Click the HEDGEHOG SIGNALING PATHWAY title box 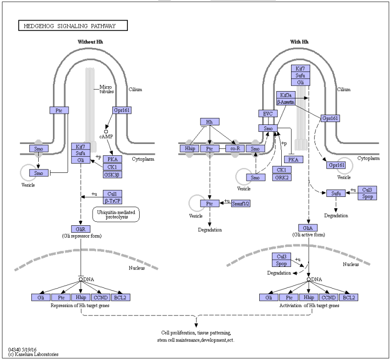[x=73, y=25]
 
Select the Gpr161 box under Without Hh [x=122, y=110]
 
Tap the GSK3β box [x=113, y=174]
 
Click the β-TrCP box [x=113, y=201]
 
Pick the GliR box [x=81, y=229]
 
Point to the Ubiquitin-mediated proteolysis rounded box [x=116, y=215]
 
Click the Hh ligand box [x=210, y=121]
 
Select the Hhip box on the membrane [x=190, y=148]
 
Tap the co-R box [x=235, y=148]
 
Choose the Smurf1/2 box [x=241, y=203]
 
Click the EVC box [x=268, y=114]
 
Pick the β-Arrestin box [x=286, y=102]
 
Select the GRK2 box [x=282, y=177]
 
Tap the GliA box [x=308, y=228]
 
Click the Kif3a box [x=286, y=95]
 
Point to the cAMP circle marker [x=106, y=131]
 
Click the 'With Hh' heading [x=299, y=42]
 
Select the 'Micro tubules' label [x=106, y=89]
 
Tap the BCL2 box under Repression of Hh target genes [x=121, y=297]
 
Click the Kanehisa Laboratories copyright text [x=33, y=354]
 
